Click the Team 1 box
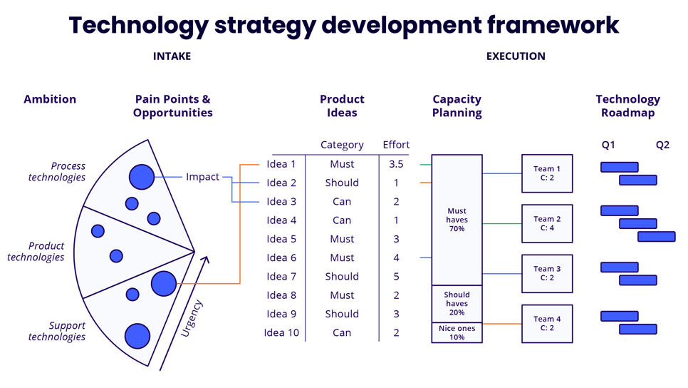click(x=547, y=173)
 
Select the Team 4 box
click(x=547, y=323)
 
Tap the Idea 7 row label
click(x=281, y=276)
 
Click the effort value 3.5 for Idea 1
click(x=396, y=164)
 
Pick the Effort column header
click(x=396, y=145)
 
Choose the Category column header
click(x=342, y=145)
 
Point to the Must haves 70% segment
click(x=457, y=220)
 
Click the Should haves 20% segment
click(x=457, y=303)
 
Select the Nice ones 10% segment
click(x=457, y=332)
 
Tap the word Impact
click(x=203, y=177)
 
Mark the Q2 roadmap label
click(x=662, y=145)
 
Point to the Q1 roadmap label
click(x=608, y=145)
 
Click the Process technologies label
click(x=57, y=171)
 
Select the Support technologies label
click(x=57, y=331)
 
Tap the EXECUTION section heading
click(x=516, y=56)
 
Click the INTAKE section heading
click(x=172, y=56)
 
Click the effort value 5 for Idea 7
click(x=396, y=276)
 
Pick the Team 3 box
click(x=547, y=273)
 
